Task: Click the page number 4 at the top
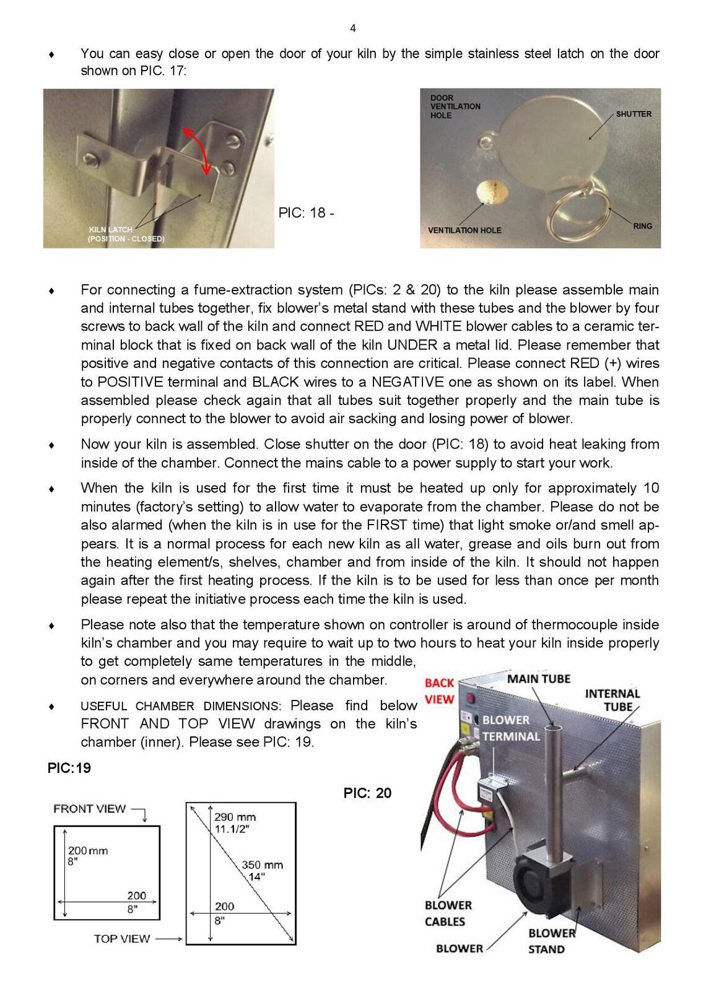coord(353,28)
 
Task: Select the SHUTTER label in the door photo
coord(634,114)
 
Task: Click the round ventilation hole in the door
coord(492,192)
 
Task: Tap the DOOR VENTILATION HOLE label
coord(455,107)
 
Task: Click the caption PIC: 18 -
coord(306,212)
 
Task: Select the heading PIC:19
coord(69,768)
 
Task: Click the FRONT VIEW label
coord(90,809)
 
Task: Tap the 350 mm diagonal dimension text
coord(262,865)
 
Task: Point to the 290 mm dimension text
coord(235,817)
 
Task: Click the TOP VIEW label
coord(122,939)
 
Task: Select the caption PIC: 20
coord(367,793)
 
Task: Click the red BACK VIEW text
coord(439,691)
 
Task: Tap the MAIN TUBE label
coord(539,679)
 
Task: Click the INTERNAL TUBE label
coord(612,700)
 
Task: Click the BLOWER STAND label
coord(551,941)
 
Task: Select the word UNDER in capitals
coord(412,345)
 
